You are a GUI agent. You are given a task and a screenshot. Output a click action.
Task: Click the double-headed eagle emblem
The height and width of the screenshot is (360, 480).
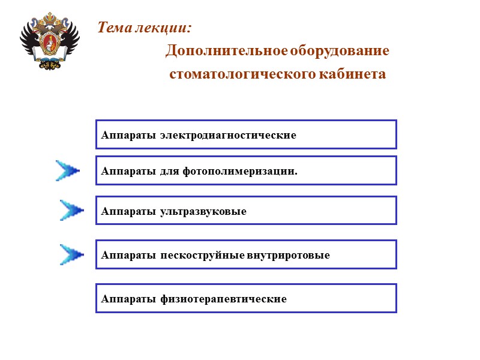click(50, 42)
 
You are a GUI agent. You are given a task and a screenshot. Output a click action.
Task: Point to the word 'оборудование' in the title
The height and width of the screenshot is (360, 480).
click(340, 51)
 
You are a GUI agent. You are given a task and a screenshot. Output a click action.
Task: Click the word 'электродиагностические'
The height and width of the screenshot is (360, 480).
click(228, 135)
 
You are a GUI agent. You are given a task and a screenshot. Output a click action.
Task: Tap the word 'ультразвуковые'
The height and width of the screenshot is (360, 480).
click(203, 211)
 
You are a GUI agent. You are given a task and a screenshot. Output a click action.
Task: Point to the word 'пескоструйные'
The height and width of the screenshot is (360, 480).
click(202, 255)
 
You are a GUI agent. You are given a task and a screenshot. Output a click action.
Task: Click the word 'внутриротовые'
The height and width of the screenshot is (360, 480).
click(288, 255)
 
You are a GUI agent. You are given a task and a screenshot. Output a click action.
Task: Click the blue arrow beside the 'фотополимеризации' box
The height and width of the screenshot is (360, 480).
click(68, 170)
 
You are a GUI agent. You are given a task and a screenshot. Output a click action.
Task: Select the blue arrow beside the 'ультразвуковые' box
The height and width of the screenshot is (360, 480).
click(72, 210)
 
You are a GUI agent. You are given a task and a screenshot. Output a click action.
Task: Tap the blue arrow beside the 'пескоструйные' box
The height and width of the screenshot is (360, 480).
click(72, 254)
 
